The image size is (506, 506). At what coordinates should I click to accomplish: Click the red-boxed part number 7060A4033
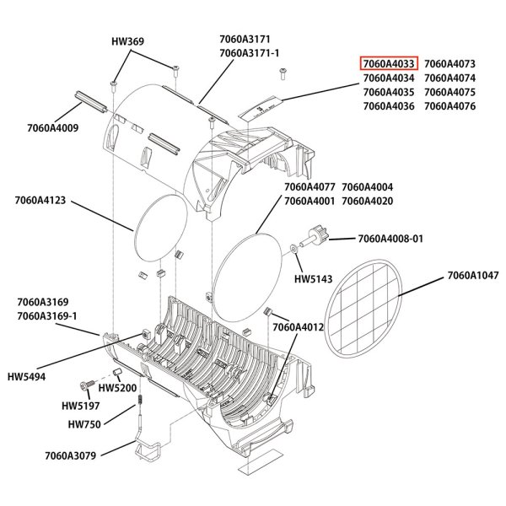tap(389, 64)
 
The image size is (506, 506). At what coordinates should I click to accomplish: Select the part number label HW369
tap(128, 40)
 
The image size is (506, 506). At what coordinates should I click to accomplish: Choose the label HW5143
tap(311, 277)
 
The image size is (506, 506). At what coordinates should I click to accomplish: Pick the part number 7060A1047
tap(475, 275)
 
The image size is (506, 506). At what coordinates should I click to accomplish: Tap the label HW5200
tap(112, 387)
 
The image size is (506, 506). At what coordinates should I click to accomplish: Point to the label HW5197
tap(79, 405)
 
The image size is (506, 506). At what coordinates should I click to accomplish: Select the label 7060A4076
tap(450, 106)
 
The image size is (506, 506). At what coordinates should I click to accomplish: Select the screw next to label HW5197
tap(88, 385)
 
